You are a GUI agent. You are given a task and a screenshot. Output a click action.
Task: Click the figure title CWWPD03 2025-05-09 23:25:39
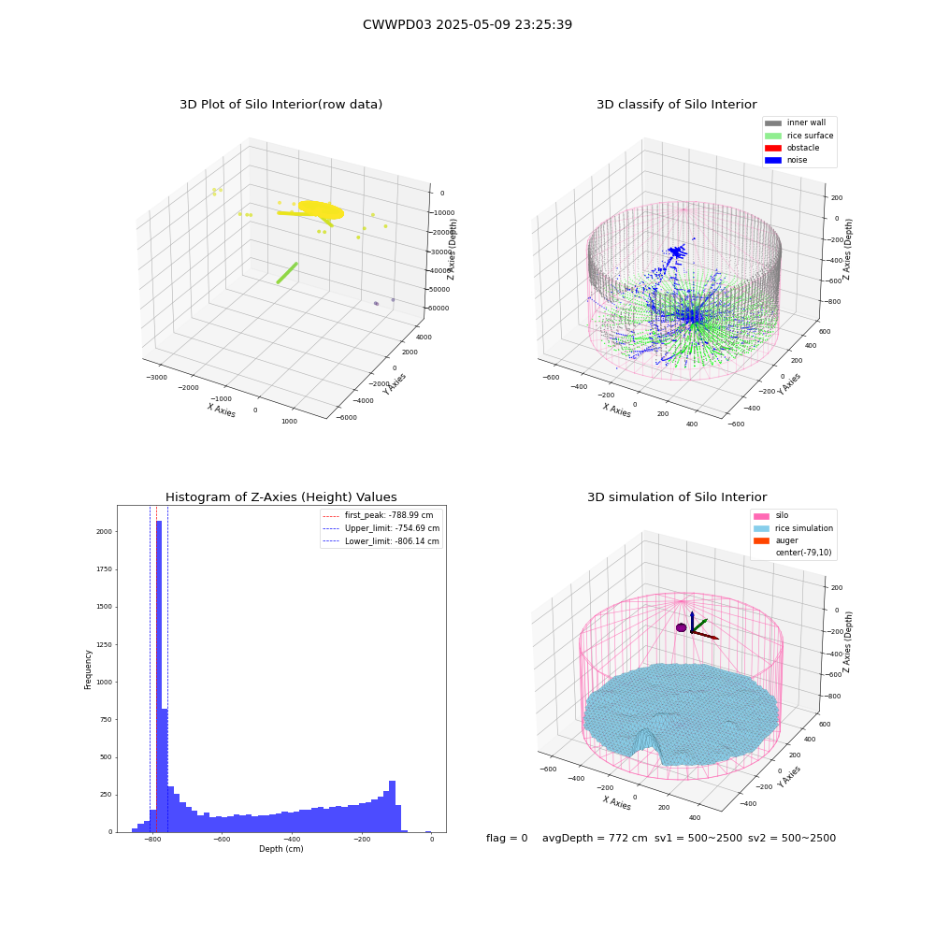tap(467, 24)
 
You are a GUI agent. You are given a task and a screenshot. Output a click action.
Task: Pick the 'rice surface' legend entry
tap(799, 136)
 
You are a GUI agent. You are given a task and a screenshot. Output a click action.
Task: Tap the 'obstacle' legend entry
tap(792, 148)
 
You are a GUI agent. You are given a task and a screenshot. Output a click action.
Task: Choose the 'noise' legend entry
tap(786, 160)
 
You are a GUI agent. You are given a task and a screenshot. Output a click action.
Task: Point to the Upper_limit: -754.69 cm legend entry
tap(381, 528)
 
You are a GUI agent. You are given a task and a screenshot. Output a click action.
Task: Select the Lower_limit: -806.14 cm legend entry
tap(381, 541)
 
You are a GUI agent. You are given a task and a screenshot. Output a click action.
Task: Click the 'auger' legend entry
tap(776, 540)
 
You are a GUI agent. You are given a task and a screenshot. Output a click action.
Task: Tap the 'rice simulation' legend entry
tap(793, 528)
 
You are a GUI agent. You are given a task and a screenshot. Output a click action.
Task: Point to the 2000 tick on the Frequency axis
tap(105, 531)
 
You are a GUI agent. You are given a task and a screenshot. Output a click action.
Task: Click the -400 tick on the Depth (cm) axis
tap(291, 839)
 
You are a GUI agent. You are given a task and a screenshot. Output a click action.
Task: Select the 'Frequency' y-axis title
tap(88, 669)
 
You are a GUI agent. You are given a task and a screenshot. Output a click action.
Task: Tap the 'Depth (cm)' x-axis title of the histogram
tap(280, 849)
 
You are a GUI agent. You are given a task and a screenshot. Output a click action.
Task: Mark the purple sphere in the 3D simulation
tap(681, 627)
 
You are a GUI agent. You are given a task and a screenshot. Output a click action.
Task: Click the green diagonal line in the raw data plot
tap(287, 273)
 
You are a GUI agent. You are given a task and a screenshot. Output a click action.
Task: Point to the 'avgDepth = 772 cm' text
tap(595, 838)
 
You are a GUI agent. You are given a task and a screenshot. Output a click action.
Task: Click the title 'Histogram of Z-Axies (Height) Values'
tap(280, 496)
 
